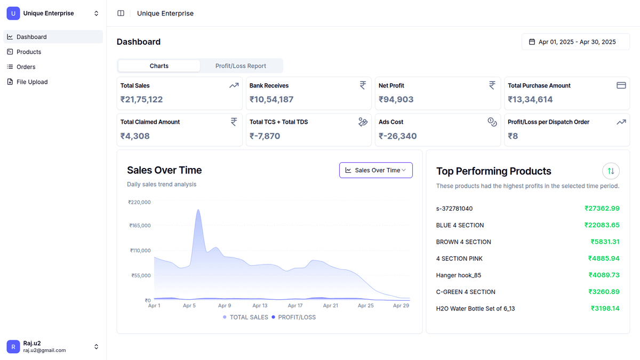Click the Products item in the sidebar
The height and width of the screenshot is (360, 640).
[29, 52]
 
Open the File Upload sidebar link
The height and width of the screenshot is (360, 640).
[32, 82]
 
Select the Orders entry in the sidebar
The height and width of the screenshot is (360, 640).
[26, 67]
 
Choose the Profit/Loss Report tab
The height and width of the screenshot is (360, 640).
[241, 66]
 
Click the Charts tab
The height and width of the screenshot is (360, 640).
[159, 66]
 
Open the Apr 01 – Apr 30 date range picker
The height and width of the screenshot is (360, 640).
[575, 42]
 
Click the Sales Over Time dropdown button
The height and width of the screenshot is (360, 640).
[376, 170]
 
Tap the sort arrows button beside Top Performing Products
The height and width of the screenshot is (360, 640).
[611, 171]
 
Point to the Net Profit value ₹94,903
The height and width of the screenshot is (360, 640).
[396, 99]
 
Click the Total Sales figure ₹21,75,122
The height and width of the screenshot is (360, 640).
[141, 99]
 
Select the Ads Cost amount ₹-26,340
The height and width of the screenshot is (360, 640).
[397, 136]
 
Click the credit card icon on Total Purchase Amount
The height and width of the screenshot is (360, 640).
[621, 85]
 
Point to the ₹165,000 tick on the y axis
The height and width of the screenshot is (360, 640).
[140, 226]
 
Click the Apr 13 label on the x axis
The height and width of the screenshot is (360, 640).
[260, 306]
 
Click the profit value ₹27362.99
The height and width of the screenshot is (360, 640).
[602, 209]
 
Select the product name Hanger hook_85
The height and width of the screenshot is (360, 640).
[458, 275]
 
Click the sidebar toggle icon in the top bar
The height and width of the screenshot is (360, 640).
[121, 13]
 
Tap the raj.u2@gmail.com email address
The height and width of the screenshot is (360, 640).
[44, 350]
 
